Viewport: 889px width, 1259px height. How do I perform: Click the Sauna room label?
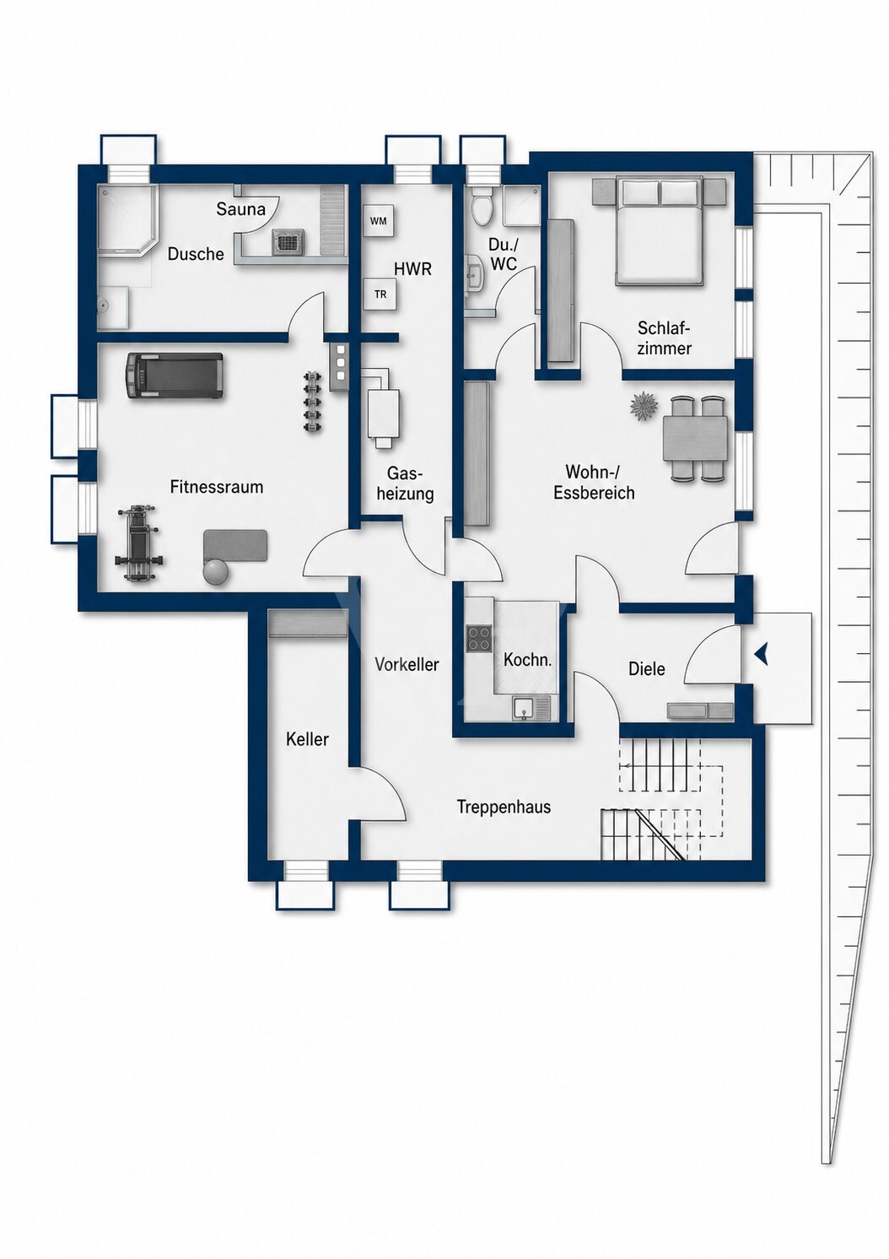tap(240, 209)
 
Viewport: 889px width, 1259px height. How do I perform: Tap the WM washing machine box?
tap(378, 221)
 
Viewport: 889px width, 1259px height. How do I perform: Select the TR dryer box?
tap(380, 294)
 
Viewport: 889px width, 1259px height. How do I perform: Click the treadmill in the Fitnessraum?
tap(175, 376)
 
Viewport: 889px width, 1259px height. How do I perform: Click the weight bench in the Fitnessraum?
tap(137, 544)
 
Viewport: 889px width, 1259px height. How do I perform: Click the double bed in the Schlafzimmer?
tap(660, 230)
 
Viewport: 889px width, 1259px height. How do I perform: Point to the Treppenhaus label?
tap(504, 807)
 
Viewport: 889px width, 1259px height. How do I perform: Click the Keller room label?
tap(307, 739)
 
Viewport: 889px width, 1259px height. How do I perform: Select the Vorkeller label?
tap(407, 665)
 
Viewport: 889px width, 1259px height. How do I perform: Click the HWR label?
tap(412, 268)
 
